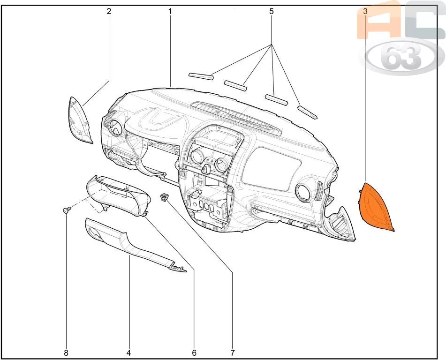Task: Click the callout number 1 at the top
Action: [x=170, y=11]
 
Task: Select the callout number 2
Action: [x=109, y=11]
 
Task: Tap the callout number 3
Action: [x=365, y=11]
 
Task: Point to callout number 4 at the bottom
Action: [x=129, y=353]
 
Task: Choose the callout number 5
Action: [x=272, y=11]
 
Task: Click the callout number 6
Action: [x=194, y=353]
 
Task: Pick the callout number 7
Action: [x=233, y=353]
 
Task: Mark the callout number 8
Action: [x=66, y=353]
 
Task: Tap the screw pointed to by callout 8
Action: [x=67, y=210]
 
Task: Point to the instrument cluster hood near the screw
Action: [x=118, y=196]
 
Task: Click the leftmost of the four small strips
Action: [x=202, y=76]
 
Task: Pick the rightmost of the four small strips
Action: [x=307, y=112]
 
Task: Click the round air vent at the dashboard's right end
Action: [x=304, y=191]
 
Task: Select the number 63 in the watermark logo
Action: [x=401, y=57]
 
